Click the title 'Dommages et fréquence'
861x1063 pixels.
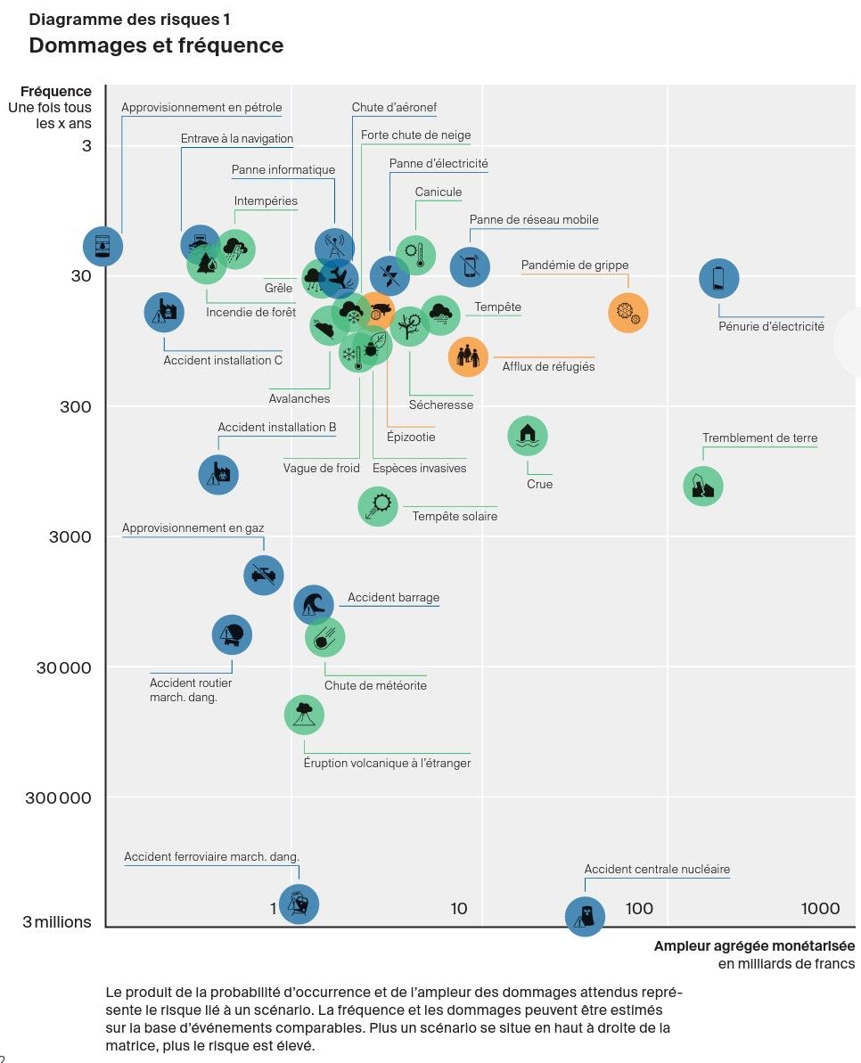[156, 45]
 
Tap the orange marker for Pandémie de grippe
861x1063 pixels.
[627, 313]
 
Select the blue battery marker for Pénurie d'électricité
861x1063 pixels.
[718, 279]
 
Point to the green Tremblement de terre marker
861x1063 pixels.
[702, 487]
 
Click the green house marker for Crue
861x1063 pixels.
[528, 436]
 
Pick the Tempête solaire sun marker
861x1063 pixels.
[378, 506]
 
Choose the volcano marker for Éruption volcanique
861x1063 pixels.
[304, 715]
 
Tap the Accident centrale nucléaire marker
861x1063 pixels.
[585, 916]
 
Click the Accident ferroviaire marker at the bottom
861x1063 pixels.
[299, 904]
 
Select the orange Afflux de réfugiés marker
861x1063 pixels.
[469, 356]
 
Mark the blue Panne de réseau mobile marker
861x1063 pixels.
[470, 266]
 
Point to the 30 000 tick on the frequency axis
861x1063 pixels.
[64, 668]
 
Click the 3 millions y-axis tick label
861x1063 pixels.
[57, 922]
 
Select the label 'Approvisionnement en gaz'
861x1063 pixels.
[193, 528]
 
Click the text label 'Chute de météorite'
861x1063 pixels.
[375, 686]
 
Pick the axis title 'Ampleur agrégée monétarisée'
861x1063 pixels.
[754, 946]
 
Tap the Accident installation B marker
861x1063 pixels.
[218, 474]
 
